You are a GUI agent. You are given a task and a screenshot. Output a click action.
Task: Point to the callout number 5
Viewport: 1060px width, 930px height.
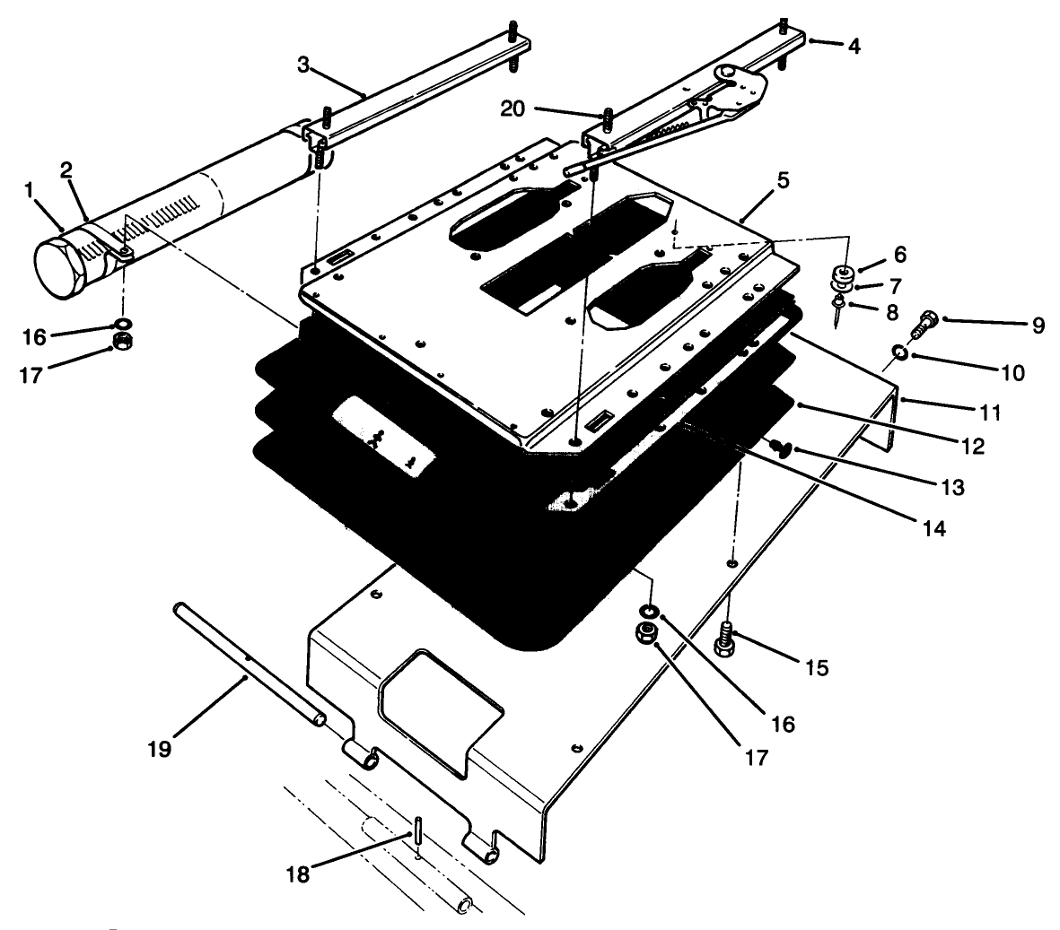(783, 181)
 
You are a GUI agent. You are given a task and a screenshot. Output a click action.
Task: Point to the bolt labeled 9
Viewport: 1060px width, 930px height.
(925, 324)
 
